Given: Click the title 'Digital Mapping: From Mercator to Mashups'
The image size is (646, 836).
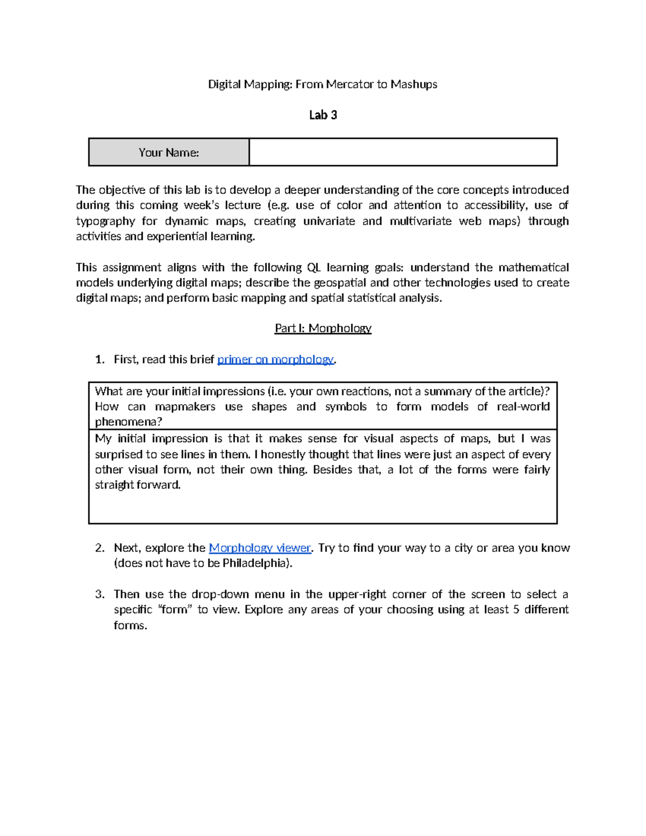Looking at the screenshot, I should tap(322, 84).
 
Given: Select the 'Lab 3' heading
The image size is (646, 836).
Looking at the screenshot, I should tap(323, 115).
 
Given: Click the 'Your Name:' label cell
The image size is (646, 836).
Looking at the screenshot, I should tap(168, 152).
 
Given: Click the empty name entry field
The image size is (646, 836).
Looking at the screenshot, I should tap(403, 152).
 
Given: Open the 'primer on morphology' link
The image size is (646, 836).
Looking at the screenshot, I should tap(275, 359).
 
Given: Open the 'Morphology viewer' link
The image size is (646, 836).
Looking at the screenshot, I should tap(259, 547).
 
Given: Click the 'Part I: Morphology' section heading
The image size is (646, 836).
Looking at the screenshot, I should tap(323, 328).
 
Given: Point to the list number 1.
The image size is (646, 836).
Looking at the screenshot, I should tap(99, 359).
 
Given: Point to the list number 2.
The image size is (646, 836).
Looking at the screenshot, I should tap(99, 547).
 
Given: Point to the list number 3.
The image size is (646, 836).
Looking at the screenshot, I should tap(99, 594).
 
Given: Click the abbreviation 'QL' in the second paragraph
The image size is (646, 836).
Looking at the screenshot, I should tap(314, 268).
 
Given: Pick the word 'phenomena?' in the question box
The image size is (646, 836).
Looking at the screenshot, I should tap(128, 421).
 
